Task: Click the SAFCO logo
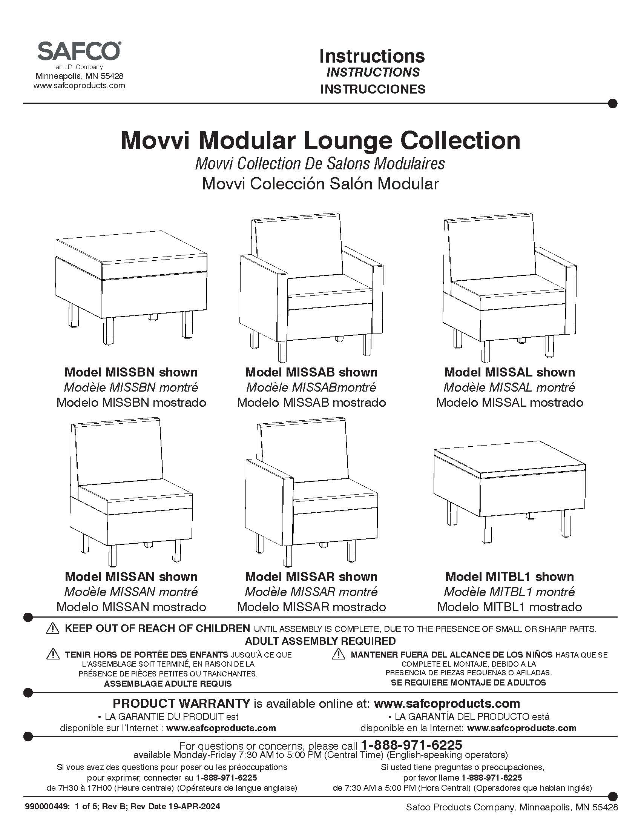(79, 51)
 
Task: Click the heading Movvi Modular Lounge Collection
(320, 141)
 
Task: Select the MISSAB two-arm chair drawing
(311, 287)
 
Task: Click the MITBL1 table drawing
(509, 494)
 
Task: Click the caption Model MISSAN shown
(131, 576)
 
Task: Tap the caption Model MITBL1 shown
(509, 576)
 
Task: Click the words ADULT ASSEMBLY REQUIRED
(320, 641)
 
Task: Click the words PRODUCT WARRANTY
(181, 704)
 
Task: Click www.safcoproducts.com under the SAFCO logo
(79, 86)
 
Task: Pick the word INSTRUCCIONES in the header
(373, 89)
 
